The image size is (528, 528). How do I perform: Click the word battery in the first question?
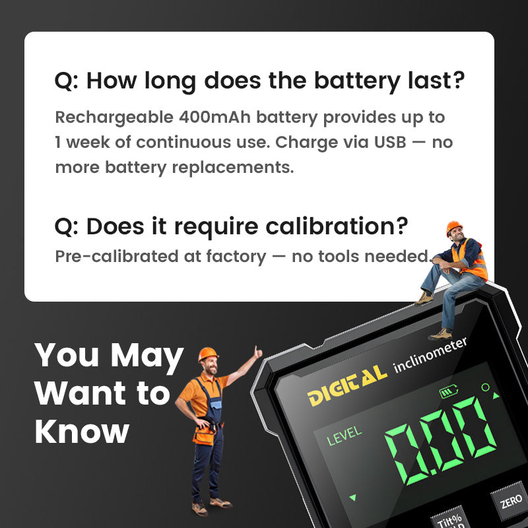[x=357, y=81]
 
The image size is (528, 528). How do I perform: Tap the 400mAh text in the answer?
[x=214, y=117]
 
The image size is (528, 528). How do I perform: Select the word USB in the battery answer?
[x=390, y=142]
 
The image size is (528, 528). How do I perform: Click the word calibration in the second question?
[x=337, y=226]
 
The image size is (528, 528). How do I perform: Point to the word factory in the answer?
[x=236, y=257]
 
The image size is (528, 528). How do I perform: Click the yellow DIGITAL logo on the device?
[x=347, y=385]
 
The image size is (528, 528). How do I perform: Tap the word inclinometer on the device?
[x=430, y=354]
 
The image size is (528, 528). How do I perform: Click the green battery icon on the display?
[x=449, y=391]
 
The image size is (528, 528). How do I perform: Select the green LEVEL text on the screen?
[x=344, y=436]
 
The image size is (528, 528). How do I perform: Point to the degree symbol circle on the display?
[x=485, y=387]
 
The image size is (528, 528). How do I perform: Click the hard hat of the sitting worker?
[x=453, y=227]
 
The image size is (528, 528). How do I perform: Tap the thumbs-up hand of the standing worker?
[x=258, y=352]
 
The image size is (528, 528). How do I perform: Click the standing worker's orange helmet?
[x=208, y=354]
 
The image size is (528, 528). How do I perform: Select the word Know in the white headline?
[x=82, y=432]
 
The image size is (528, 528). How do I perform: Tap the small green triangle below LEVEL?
[x=352, y=497]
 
